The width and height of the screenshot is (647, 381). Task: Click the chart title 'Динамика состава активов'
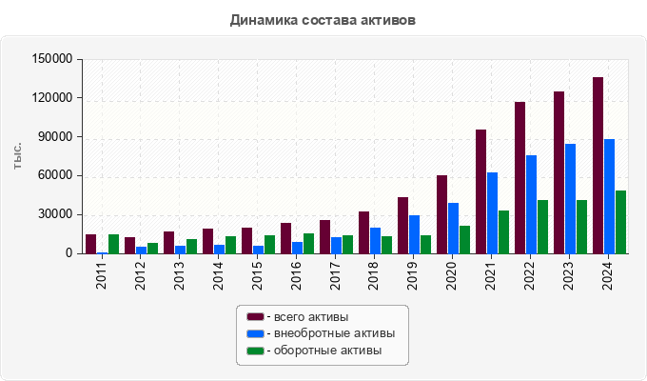[323, 19]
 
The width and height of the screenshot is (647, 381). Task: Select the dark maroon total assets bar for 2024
[598, 166]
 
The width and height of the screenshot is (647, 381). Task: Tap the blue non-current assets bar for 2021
[492, 213]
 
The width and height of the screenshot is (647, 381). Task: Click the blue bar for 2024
[609, 196]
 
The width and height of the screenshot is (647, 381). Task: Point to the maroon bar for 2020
[441, 214]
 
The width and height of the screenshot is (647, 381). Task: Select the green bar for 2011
[113, 244]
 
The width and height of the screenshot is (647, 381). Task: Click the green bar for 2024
[620, 222]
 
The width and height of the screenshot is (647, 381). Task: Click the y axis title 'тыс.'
[18, 156]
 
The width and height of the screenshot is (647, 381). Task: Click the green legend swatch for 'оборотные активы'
[255, 351]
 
